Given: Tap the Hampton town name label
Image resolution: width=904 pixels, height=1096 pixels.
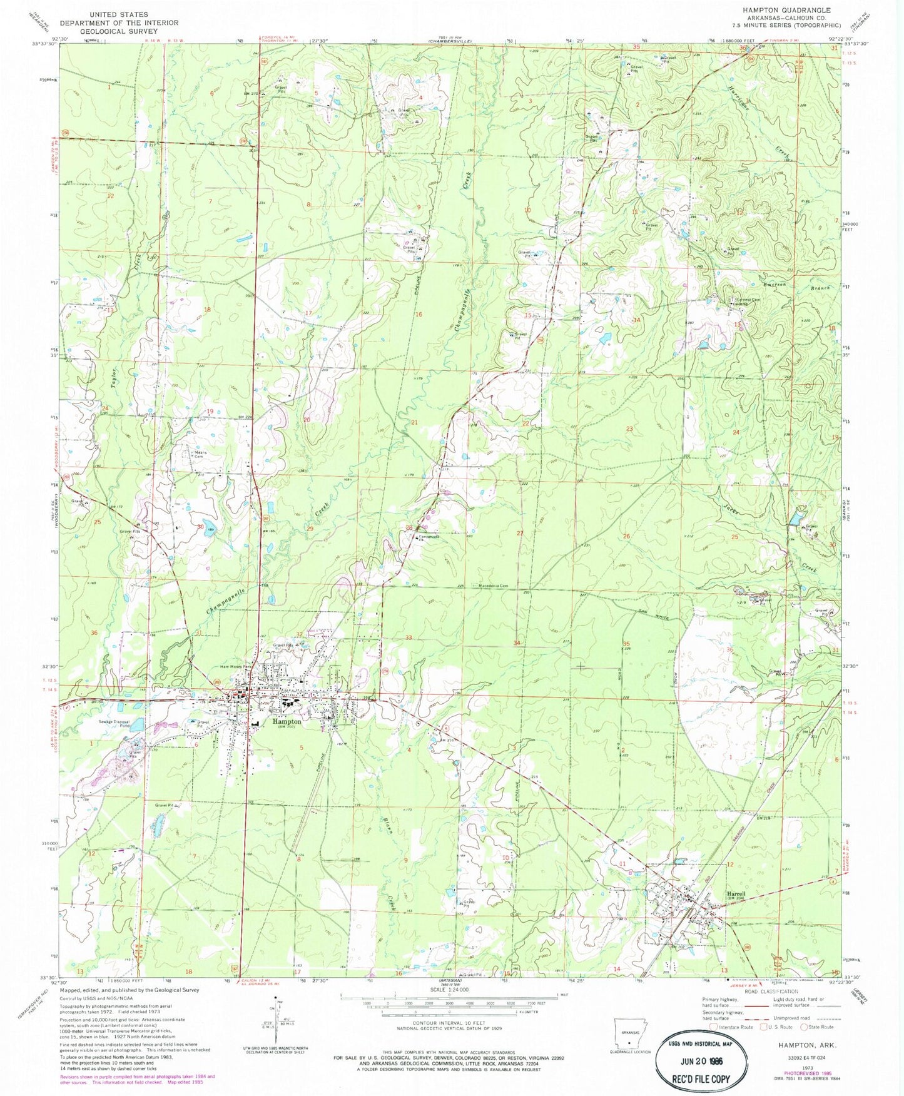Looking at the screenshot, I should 287,721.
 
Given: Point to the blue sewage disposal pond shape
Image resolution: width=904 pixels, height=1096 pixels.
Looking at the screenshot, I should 138,724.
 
